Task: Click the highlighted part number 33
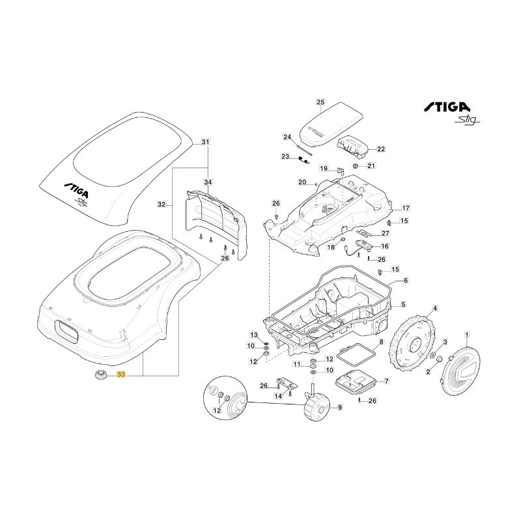pos(120,375)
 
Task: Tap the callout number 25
pos(320,102)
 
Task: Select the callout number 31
pos(206,142)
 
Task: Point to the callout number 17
pos(406,208)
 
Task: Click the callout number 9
pos(339,408)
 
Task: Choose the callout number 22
pos(382,149)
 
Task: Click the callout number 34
pos(208,182)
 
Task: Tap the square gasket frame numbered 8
pos(358,356)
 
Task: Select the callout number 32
pos(162,204)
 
